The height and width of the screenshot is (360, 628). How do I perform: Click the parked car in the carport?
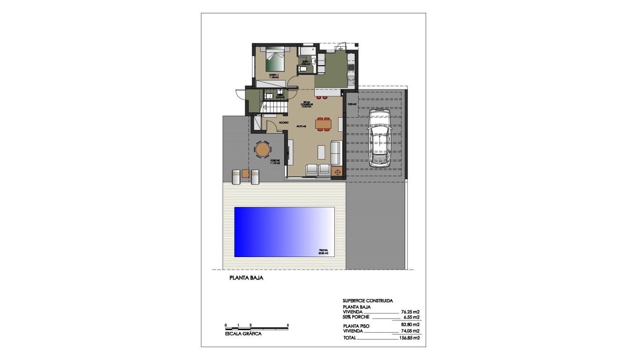pos(379,138)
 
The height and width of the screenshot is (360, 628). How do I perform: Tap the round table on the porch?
pos(262,150)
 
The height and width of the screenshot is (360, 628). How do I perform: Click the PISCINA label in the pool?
pos(324,250)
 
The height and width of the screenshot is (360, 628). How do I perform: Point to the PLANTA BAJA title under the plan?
pos(246,278)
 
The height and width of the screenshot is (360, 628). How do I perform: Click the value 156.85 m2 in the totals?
pos(409,338)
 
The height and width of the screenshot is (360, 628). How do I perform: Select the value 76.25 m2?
pos(410,312)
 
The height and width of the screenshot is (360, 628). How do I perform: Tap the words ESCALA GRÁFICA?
pos(243,334)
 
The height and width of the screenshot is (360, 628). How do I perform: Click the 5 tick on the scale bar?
pos(288,325)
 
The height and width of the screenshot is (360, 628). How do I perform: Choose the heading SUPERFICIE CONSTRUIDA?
pos(368,301)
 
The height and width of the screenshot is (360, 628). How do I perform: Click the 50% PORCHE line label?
pos(356,317)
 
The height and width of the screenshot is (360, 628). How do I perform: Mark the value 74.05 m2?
pos(410,331)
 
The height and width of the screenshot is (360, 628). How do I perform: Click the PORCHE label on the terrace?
pos(275,160)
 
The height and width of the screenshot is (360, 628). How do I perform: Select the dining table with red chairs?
pos(324,123)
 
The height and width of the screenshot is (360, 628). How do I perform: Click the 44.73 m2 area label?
pos(300,126)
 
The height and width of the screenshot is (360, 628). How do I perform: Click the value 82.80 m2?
pos(410,325)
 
